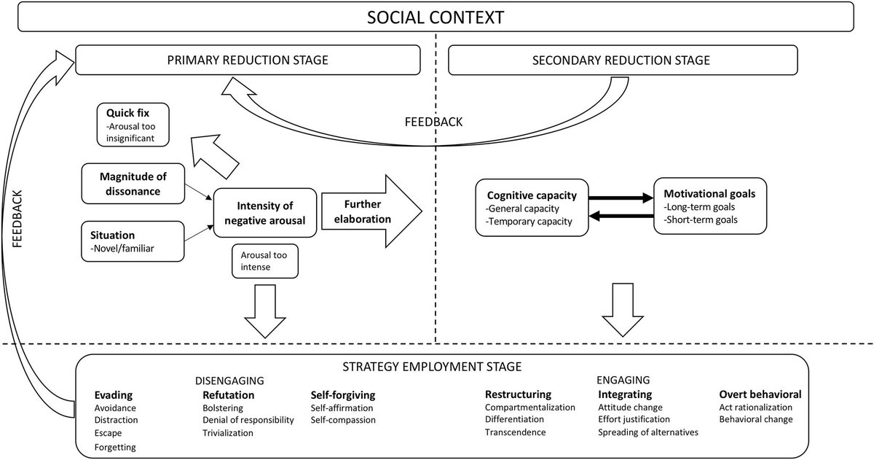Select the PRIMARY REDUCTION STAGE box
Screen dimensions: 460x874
coord(248,60)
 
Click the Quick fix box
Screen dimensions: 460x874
coord(134,123)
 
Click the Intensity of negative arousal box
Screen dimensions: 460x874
coord(264,212)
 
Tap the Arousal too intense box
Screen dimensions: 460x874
coord(264,260)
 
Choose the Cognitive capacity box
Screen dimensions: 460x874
coord(532,207)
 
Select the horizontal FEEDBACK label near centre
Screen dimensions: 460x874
coord(433,122)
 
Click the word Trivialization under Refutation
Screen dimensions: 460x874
coord(228,433)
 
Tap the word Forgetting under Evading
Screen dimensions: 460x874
coord(115,446)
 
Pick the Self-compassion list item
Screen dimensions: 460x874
coord(343,421)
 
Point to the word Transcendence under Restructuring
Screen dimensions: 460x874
coord(515,433)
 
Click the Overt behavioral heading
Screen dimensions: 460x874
coord(760,395)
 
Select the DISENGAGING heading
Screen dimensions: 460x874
coord(229,381)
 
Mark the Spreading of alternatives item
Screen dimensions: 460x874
coord(647,433)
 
